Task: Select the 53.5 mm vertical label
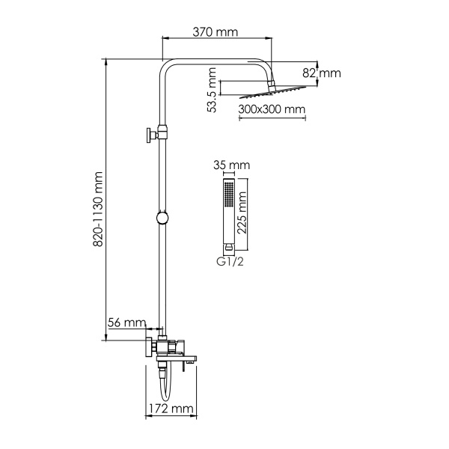(213, 90)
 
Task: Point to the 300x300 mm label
(272, 109)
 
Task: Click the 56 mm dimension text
(126, 323)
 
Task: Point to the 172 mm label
(168, 409)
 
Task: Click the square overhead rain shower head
(272, 93)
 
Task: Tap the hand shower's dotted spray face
(227, 198)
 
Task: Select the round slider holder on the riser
(161, 219)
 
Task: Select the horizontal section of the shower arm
(217, 61)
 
